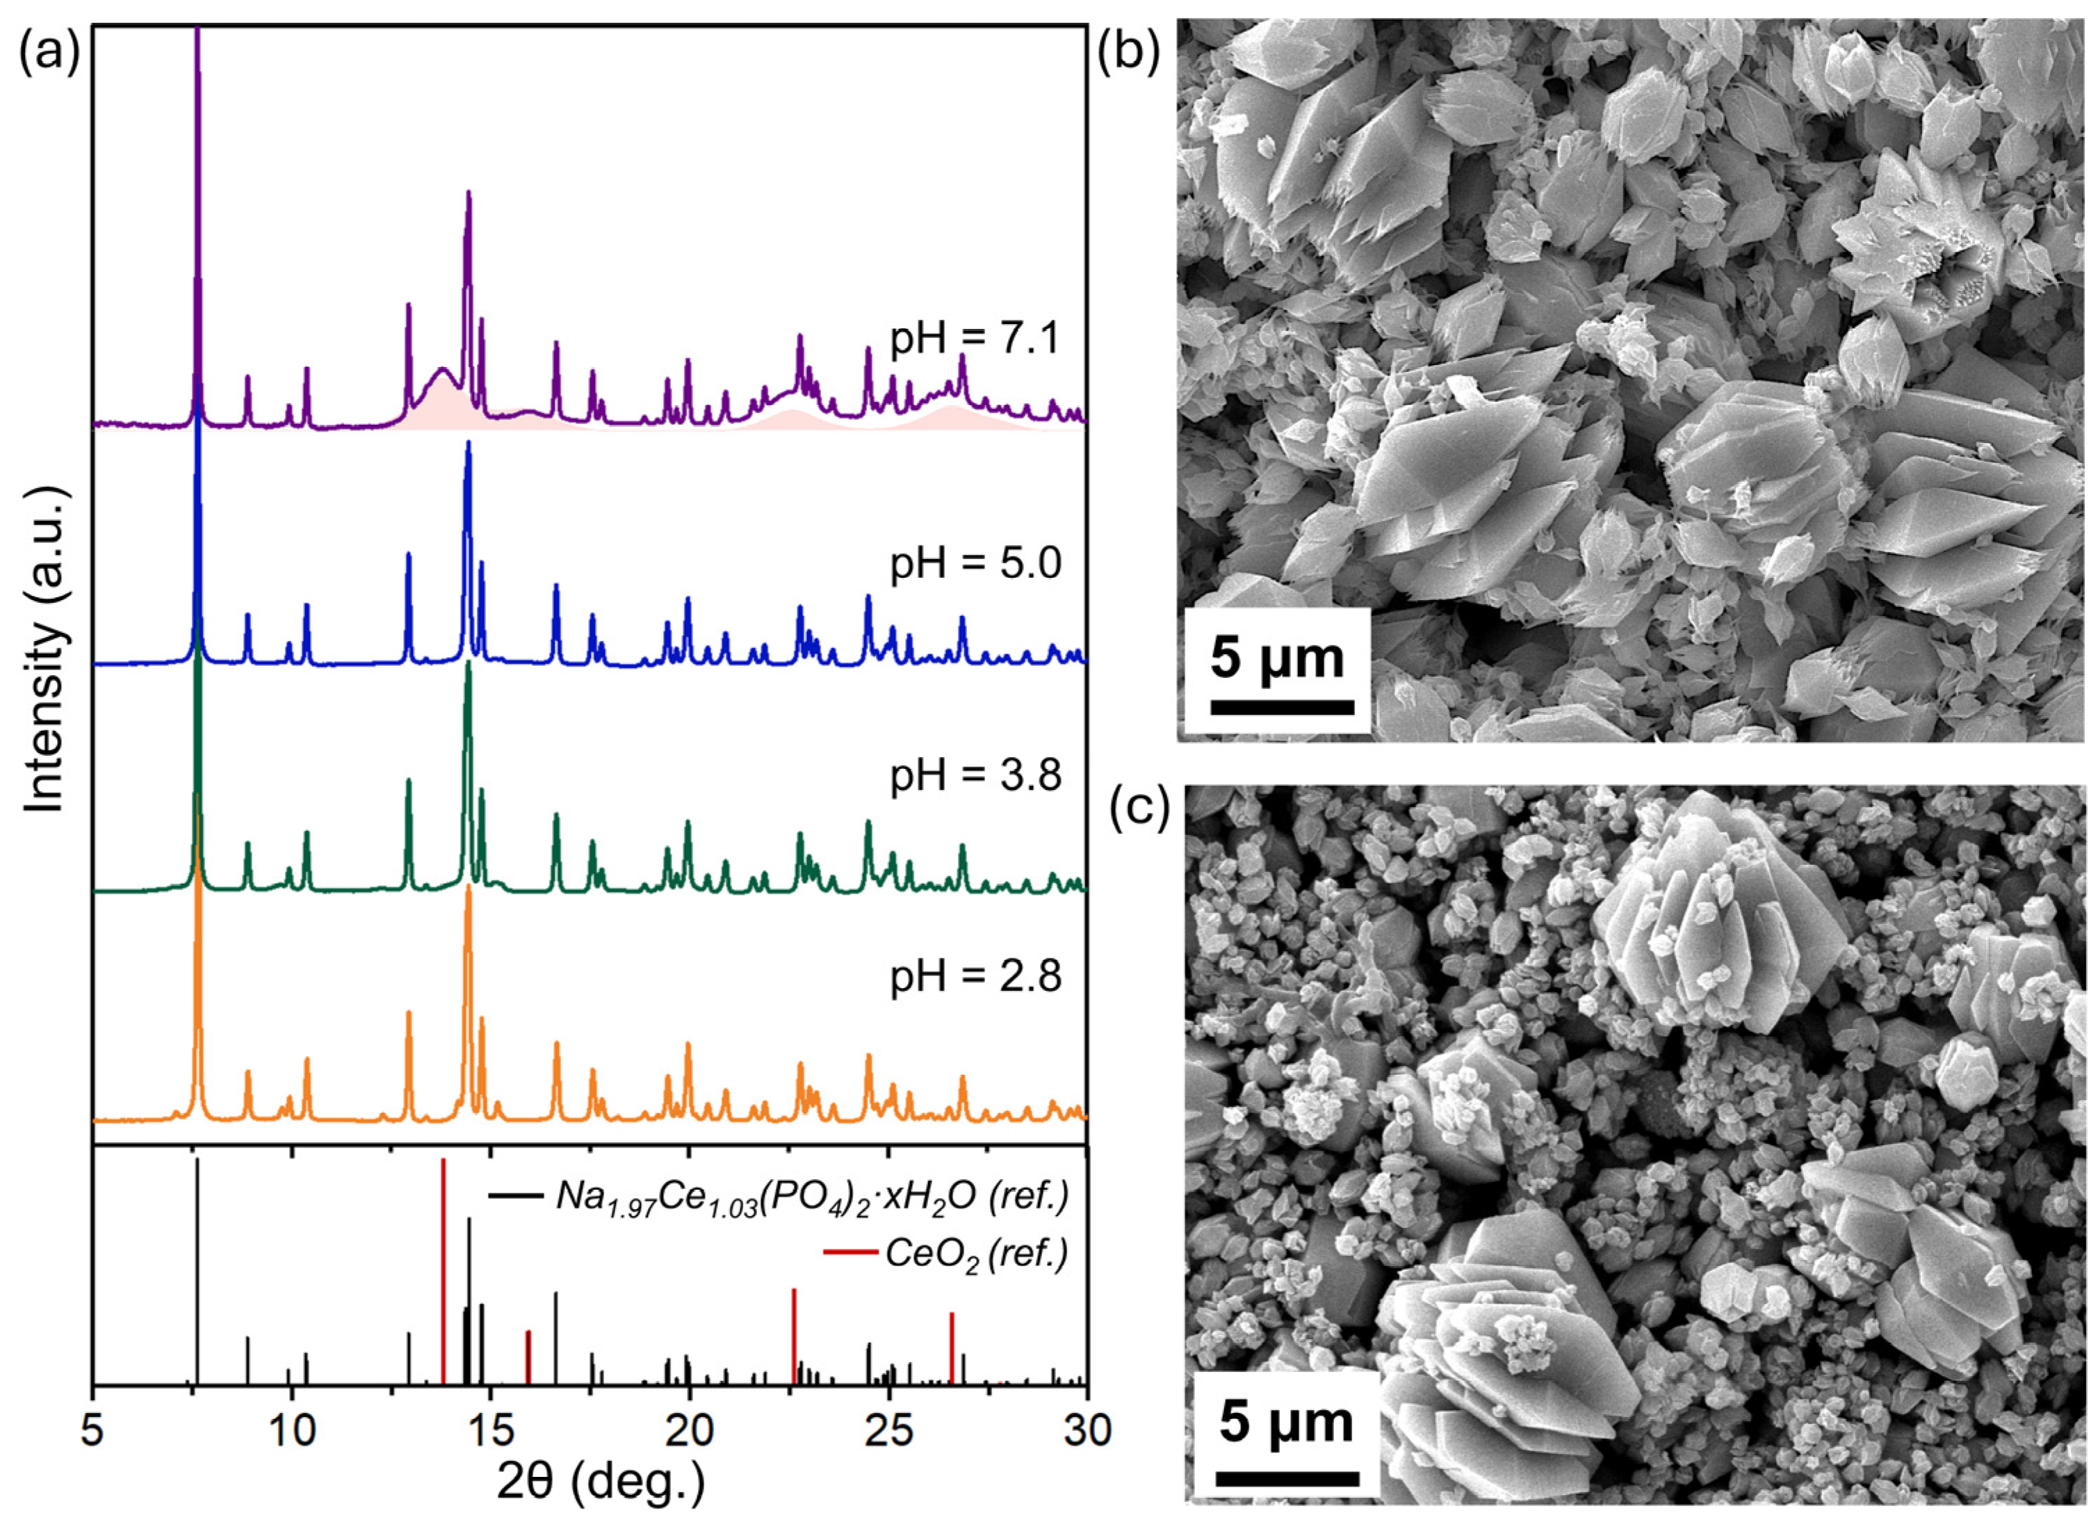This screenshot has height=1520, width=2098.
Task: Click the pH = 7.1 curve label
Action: point(975,341)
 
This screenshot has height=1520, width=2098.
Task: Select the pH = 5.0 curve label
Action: point(975,563)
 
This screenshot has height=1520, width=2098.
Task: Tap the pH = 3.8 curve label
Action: point(975,776)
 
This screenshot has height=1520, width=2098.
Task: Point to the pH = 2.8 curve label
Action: point(975,976)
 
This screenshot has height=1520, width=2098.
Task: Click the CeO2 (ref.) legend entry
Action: point(976,1255)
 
